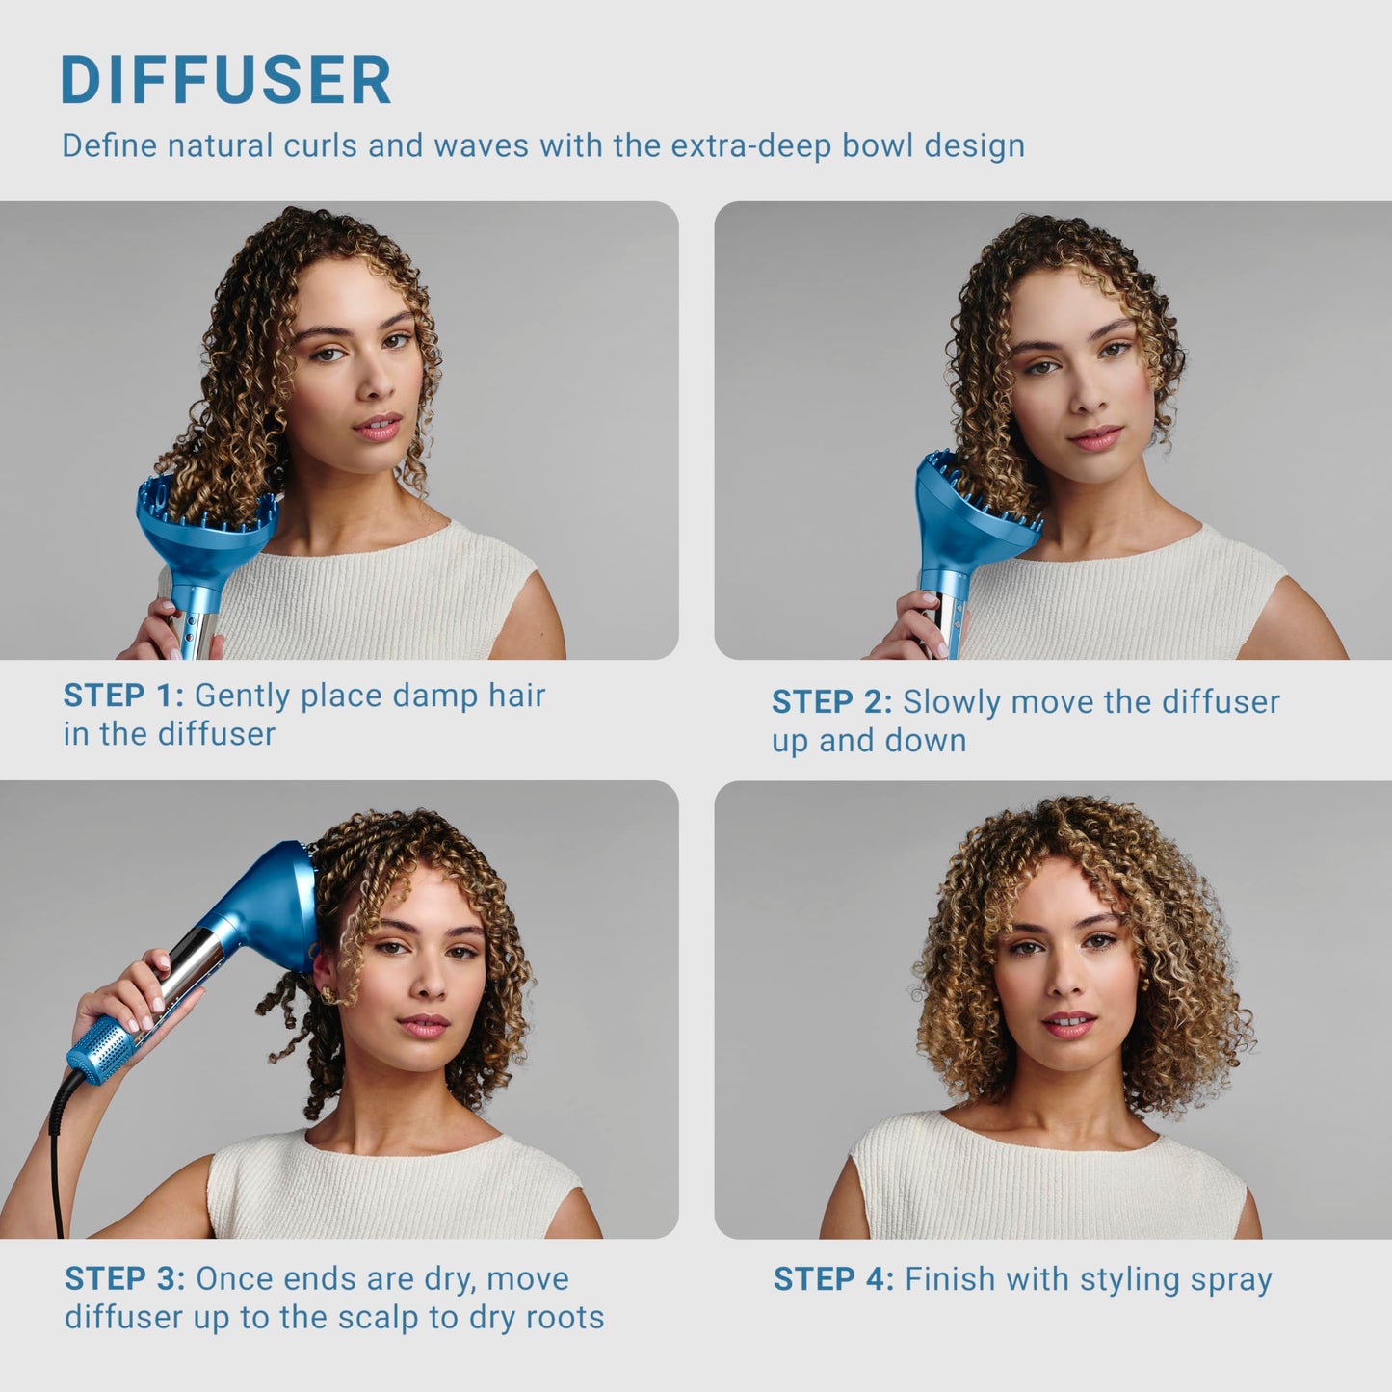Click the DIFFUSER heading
click(225, 80)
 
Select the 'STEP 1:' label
click(122, 696)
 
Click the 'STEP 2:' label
click(831, 702)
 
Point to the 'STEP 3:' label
click(124, 1279)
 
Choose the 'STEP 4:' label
click(833, 1279)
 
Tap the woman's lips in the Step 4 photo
click(1068, 1023)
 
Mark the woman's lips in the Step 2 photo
click(1095, 438)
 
